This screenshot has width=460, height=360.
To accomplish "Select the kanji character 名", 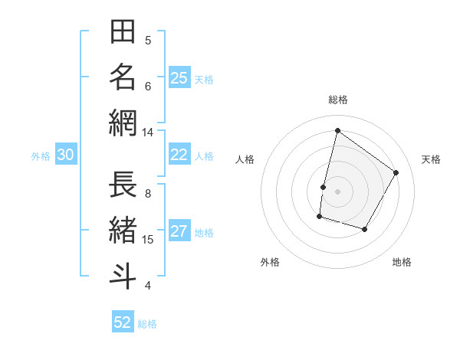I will point(123,77).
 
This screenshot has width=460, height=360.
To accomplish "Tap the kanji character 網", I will point(123,123).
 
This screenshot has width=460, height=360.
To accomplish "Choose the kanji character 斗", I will point(123,277).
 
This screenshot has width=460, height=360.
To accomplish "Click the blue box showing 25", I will point(179,78).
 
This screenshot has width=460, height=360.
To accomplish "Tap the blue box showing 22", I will point(179,155).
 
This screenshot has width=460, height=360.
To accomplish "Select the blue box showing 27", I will point(179,232).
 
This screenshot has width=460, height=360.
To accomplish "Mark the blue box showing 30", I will point(66,155).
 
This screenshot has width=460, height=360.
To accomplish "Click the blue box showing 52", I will point(123,322).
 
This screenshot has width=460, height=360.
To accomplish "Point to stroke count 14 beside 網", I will point(148,133).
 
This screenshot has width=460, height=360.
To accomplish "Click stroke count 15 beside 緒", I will point(148,240).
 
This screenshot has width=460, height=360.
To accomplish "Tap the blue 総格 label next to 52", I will point(147,324).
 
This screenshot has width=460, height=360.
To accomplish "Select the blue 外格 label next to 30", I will point(41,156).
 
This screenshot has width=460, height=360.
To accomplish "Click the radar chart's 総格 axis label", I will point(338,100).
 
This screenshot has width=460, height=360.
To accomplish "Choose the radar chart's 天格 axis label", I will point(432,159).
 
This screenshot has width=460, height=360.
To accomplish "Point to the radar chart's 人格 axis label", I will point(245,159).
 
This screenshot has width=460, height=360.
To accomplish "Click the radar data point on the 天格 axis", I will point(396,172).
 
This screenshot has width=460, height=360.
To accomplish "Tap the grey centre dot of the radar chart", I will point(338,191).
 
